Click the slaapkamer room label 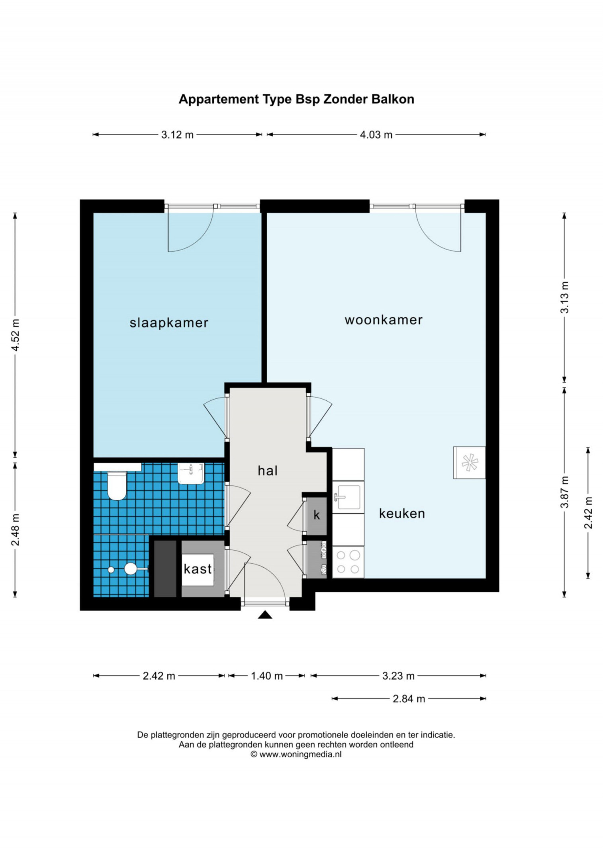(x=169, y=323)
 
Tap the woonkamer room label (x=384, y=320)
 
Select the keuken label (x=402, y=514)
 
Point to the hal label (x=268, y=471)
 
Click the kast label (x=198, y=569)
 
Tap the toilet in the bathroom (x=117, y=485)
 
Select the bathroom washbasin (x=191, y=473)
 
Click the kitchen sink (x=348, y=497)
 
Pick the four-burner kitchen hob (x=348, y=562)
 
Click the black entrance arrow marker (x=265, y=615)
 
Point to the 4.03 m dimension (x=376, y=135)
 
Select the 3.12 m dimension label (x=177, y=135)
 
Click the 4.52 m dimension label (x=15, y=335)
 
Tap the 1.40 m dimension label (x=267, y=676)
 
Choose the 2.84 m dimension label (x=409, y=698)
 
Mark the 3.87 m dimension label (x=564, y=492)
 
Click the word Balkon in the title (x=393, y=99)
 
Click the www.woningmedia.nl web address (x=300, y=754)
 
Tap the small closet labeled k (x=317, y=516)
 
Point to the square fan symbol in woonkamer (x=469, y=463)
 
